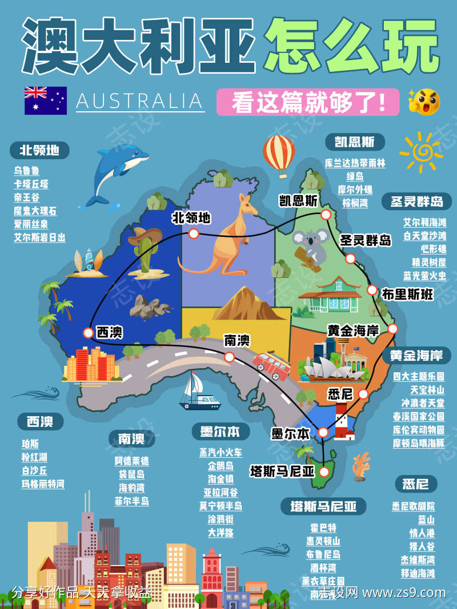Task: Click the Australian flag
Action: pos(45,100)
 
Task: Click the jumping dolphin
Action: pos(117,171)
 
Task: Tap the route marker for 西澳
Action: pos(88,333)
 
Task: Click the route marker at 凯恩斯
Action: pos(326,215)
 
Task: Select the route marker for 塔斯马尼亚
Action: pos(324,471)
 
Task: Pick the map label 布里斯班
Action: pos(408,295)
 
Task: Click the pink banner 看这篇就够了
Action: pos(308,103)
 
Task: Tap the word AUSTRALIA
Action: pos(140,101)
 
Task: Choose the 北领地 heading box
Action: pos(39,150)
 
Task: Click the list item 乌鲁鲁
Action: pos(27,170)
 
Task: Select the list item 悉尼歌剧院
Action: pos(414,506)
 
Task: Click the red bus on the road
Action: pos(271,365)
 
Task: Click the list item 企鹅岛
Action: pos(221,466)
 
